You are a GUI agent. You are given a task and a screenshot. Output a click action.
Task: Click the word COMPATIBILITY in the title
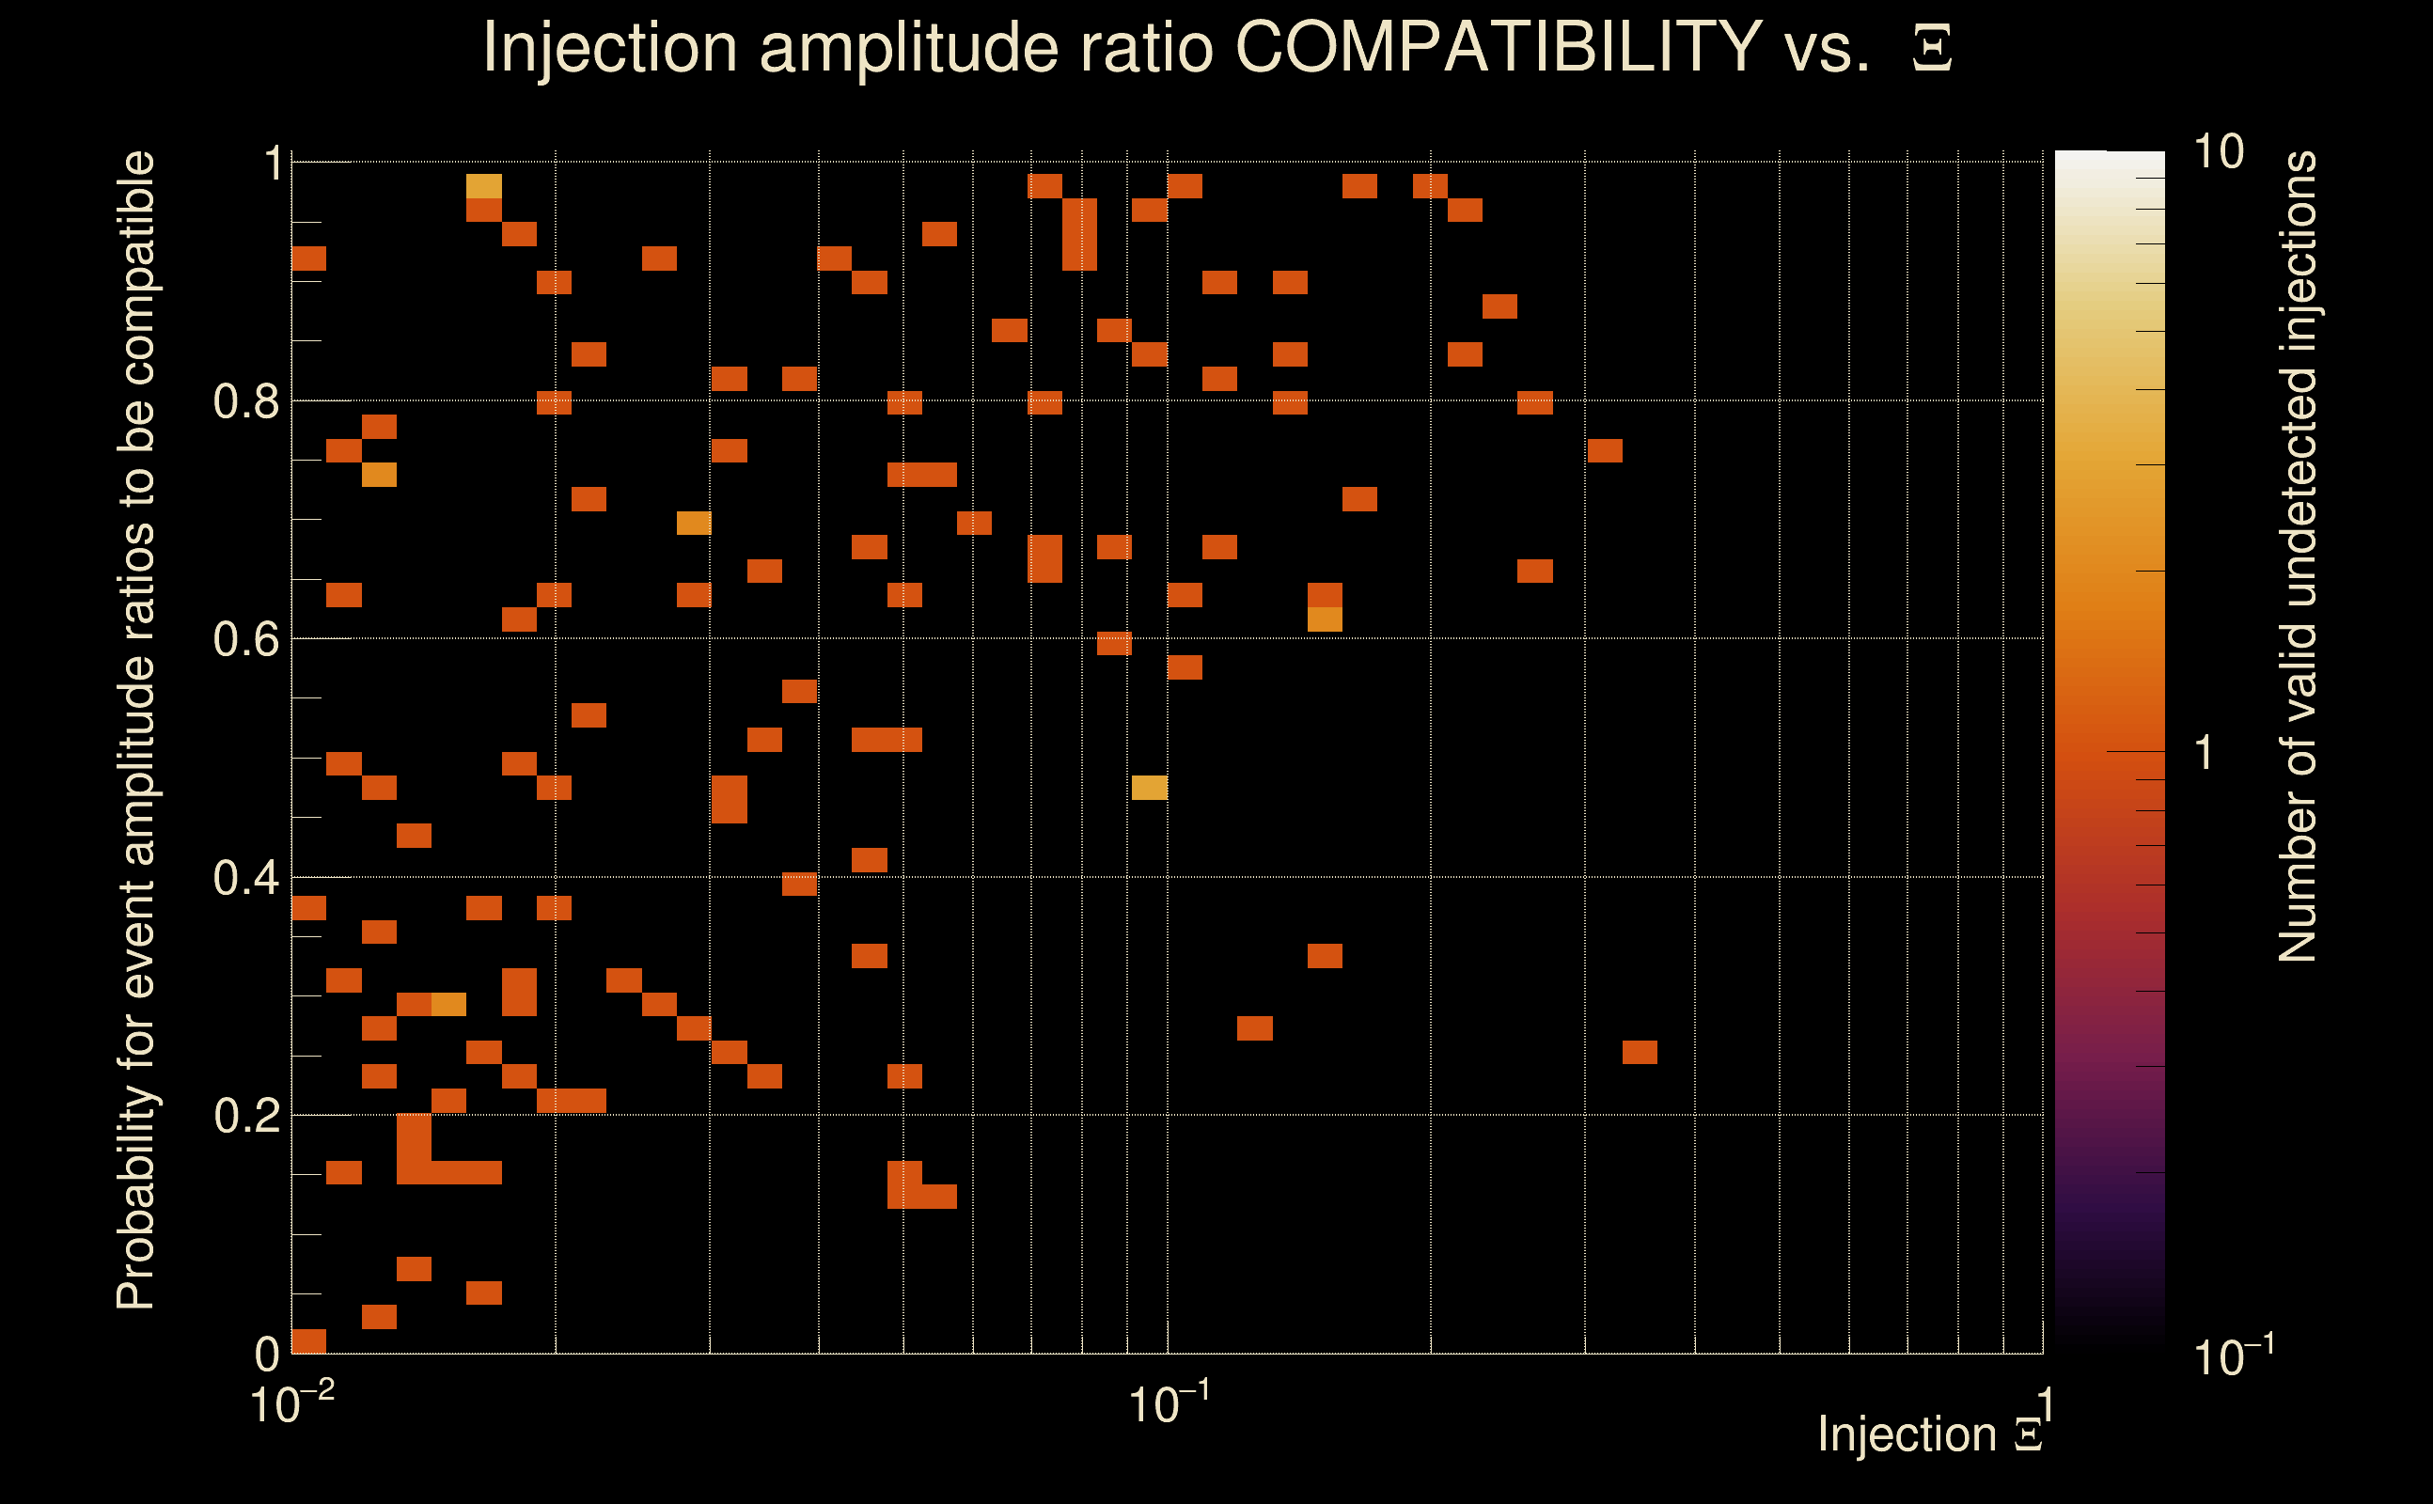pyautogui.click(x=1498, y=48)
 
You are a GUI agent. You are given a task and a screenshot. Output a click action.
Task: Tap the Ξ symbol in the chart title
pyautogui.click(x=1932, y=49)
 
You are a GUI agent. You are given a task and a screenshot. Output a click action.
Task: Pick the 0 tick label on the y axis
pyautogui.click(x=267, y=1354)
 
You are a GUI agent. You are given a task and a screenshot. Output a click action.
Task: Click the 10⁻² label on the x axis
pyautogui.click(x=291, y=1403)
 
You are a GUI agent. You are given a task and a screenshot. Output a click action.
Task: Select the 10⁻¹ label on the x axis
pyautogui.click(x=1169, y=1403)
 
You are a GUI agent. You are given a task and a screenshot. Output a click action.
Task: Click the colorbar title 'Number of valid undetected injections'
pyautogui.click(x=2297, y=557)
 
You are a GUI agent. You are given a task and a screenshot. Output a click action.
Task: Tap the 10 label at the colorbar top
pyautogui.click(x=2218, y=152)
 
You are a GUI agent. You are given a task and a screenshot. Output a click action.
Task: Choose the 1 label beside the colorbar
pyautogui.click(x=2205, y=753)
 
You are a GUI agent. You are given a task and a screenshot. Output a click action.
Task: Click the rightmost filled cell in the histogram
pyautogui.click(x=1640, y=1053)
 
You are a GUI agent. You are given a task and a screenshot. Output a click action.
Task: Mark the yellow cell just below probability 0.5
pyautogui.click(x=1149, y=788)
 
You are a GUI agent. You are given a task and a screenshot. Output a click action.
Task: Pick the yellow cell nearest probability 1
pyautogui.click(x=484, y=186)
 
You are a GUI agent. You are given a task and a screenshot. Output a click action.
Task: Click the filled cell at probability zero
pyautogui.click(x=308, y=1340)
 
